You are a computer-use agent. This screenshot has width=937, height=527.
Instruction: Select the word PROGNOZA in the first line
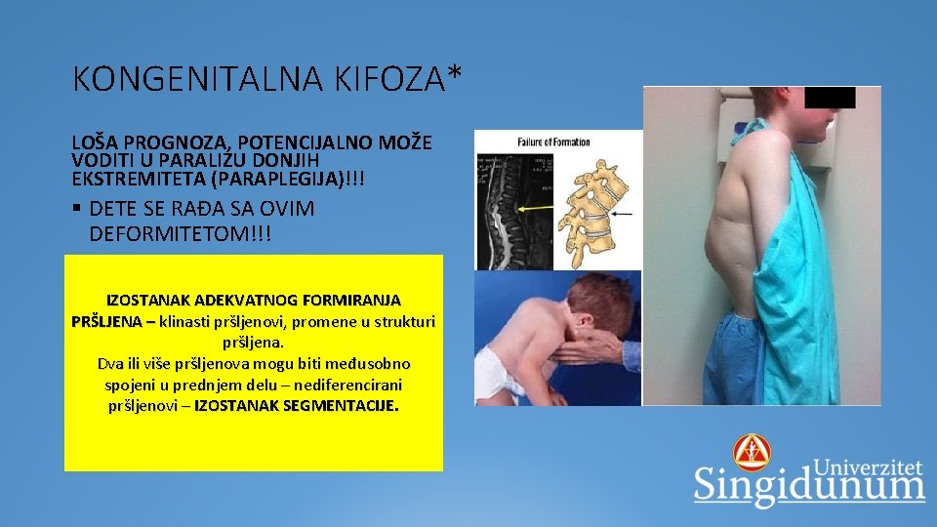click(155, 142)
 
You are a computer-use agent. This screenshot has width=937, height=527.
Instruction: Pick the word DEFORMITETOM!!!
click(180, 234)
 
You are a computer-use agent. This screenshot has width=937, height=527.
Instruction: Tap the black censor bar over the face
click(831, 98)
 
